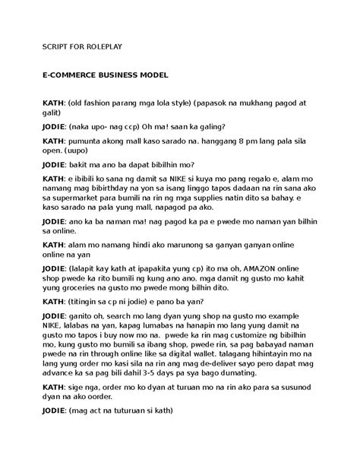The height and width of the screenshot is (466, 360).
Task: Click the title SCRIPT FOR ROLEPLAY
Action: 81,46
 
